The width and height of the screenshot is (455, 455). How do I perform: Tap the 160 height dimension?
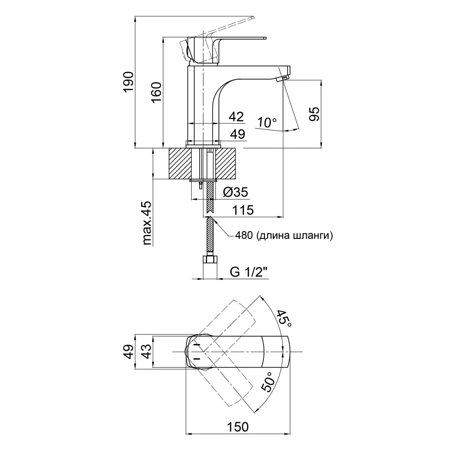pos(156,95)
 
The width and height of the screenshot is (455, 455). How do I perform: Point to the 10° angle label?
pos(267,122)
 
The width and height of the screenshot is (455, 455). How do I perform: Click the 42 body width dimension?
pos(236,117)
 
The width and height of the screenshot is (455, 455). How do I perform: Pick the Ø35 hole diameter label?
pos(235,192)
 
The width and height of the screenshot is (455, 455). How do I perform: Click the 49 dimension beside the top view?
pos(129,352)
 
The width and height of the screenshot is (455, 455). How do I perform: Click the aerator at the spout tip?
pos(283,79)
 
